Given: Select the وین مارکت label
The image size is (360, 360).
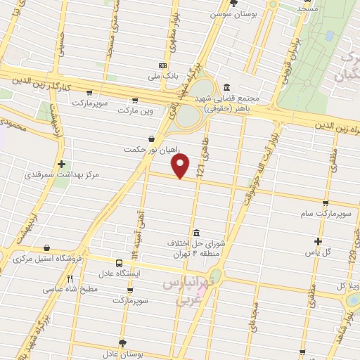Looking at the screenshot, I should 135,110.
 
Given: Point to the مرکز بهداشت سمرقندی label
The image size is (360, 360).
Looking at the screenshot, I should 62,174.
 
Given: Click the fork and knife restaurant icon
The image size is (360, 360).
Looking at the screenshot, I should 70,279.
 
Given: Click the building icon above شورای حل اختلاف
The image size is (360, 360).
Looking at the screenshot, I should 195,233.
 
